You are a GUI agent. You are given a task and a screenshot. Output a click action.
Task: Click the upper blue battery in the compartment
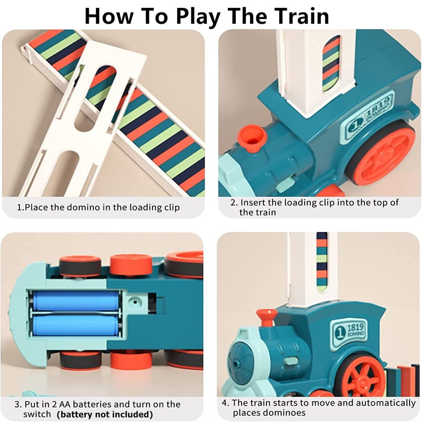tap(76, 300)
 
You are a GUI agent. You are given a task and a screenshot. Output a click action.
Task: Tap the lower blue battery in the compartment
tap(76, 325)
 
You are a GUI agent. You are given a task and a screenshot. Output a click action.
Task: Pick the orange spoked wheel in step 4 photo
tap(364, 377)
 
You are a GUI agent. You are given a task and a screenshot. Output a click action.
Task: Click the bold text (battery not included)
tap(105, 414)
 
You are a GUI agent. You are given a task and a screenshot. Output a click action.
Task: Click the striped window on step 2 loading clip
tap(332, 63)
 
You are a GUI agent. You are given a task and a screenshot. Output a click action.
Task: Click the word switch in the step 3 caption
tap(37, 414)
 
